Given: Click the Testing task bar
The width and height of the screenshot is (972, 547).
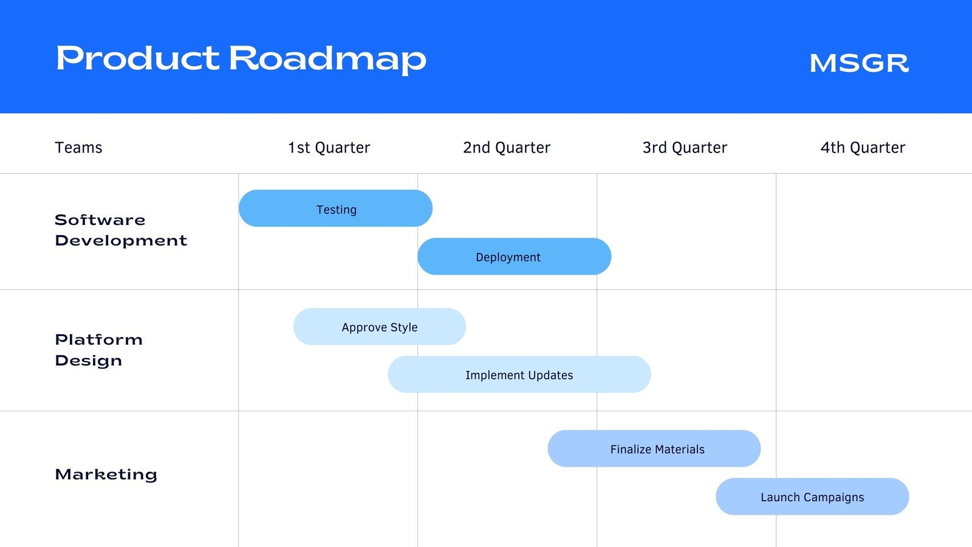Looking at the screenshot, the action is pyautogui.click(x=335, y=208).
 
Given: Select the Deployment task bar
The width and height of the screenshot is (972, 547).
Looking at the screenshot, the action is pyautogui.click(x=514, y=256).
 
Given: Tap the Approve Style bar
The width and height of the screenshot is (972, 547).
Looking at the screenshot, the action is pyautogui.click(x=380, y=326).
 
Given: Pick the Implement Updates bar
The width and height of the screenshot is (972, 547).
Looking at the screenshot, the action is pyautogui.click(x=519, y=374).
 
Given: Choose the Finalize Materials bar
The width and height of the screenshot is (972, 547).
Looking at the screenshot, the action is pyautogui.click(x=654, y=449).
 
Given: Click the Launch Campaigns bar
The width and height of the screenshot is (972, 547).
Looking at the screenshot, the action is pyautogui.click(x=812, y=497).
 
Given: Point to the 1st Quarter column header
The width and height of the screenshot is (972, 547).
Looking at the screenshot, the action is pyautogui.click(x=329, y=148).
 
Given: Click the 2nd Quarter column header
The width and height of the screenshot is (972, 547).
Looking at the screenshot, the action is pyautogui.click(x=507, y=148).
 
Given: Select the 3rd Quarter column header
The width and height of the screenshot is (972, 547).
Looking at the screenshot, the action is pyautogui.click(x=685, y=148).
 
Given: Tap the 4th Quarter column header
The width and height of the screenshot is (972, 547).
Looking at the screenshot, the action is pyautogui.click(x=863, y=148).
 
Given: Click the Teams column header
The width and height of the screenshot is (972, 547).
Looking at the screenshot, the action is pyautogui.click(x=78, y=148).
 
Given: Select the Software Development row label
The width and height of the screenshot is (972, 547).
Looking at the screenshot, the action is pyautogui.click(x=121, y=230).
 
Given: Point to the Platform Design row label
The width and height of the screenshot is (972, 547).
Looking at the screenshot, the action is pyautogui.click(x=99, y=350).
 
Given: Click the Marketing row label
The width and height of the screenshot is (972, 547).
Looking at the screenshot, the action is pyautogui.click(x=106, y=474).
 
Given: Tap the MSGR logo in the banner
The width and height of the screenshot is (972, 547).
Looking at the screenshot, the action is pyautogui.click(x=859, y=63).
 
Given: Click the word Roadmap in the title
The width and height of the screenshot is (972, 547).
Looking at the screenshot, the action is pyautogui.click(x=327, y=60).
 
